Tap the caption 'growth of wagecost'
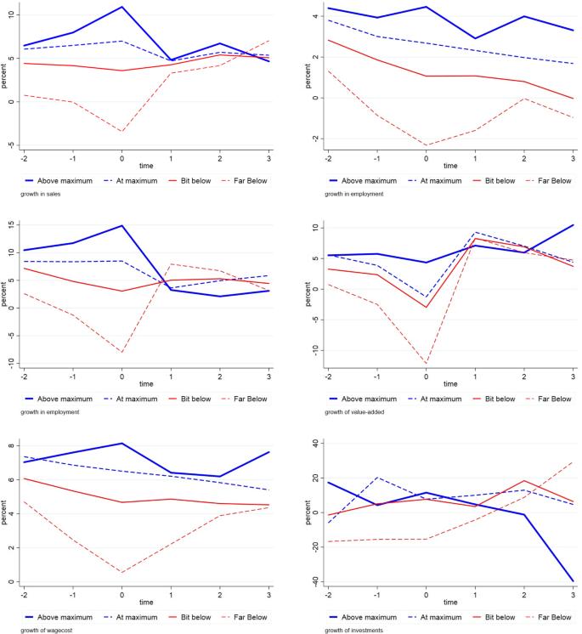point(40,630)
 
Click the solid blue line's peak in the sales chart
point(121,7)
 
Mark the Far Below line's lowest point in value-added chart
point(427,364)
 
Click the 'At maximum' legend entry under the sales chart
point(133,181)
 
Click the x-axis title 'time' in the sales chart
point(145,165)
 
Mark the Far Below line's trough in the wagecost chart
point(121,572)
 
